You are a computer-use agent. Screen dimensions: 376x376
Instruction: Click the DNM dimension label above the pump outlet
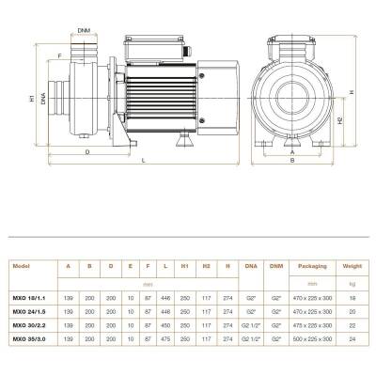tap(85, 31)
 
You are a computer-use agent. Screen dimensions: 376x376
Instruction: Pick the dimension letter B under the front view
tap(293, 161)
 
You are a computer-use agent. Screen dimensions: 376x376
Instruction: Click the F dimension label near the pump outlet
tap(60, 55)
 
